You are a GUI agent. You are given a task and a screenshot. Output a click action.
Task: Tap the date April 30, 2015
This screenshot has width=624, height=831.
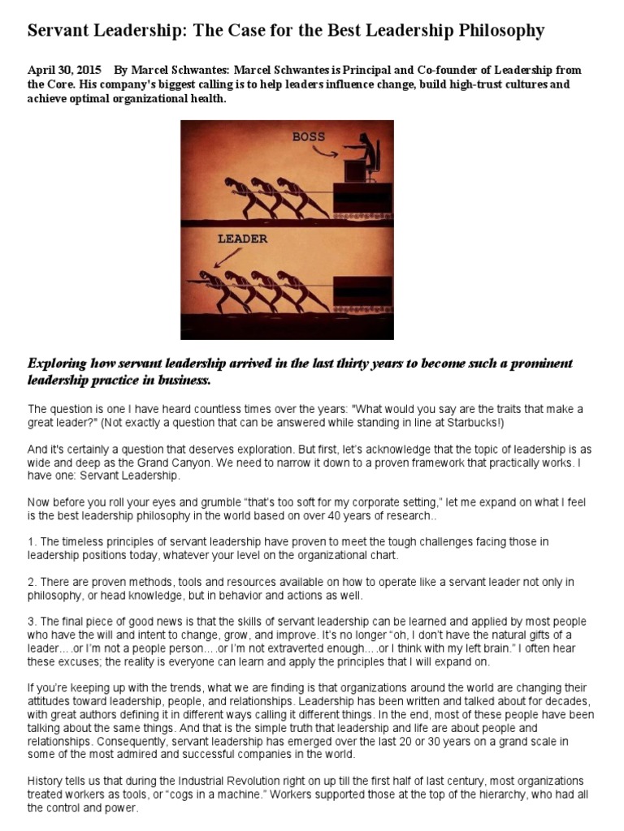(59, 71)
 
